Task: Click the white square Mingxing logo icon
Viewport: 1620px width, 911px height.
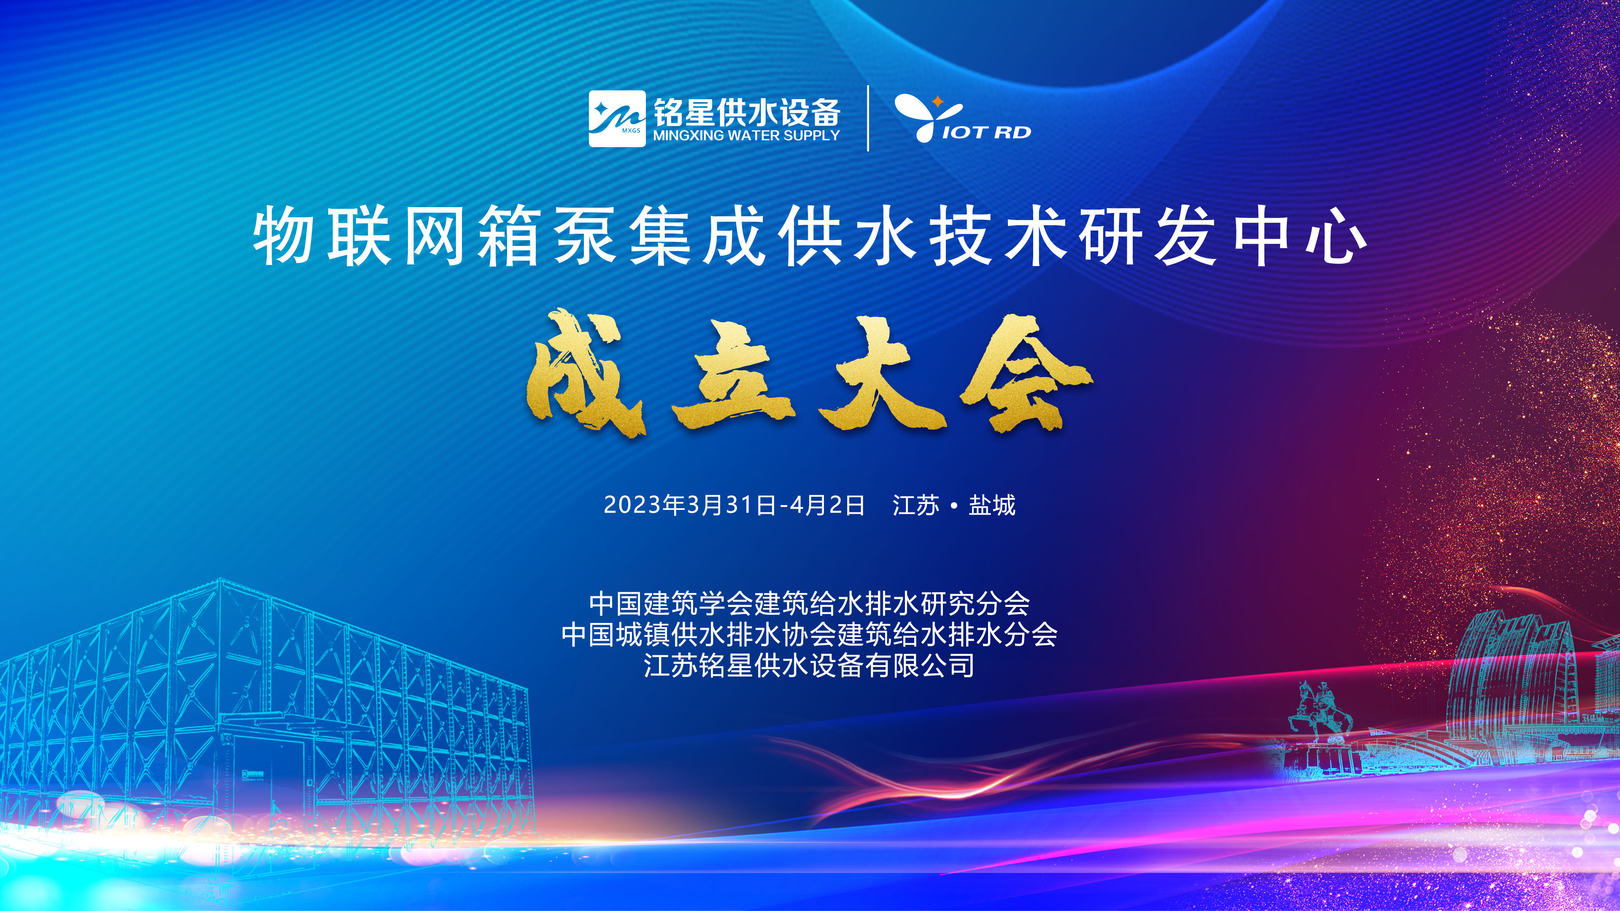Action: (x=617, y=118)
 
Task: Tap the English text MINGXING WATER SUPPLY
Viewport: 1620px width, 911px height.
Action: (x=746, y=135)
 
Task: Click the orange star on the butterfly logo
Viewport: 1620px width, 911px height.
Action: (x=937, y=101)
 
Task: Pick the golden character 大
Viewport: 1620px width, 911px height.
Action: (x=880, y=374)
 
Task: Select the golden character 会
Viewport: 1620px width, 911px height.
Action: (x=1025, y=374)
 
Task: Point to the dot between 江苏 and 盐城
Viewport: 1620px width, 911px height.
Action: (x=954, y=506)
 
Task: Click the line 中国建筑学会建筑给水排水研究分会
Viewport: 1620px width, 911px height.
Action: (x=810, y=603)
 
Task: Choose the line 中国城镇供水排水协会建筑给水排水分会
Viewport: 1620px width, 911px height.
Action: (x=810, y=634)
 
